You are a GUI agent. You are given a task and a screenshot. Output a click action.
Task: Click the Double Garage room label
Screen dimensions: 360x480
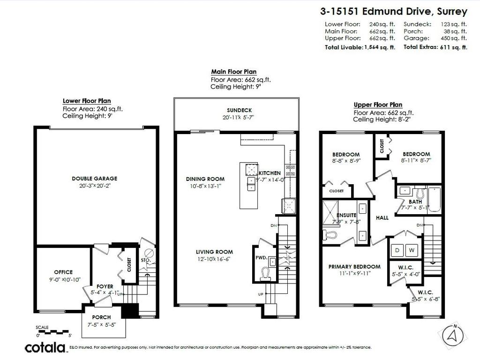point(94,178)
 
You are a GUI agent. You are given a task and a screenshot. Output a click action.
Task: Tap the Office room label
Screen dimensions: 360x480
point(63,272)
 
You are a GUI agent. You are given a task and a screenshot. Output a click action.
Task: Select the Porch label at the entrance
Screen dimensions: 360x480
point(101,317)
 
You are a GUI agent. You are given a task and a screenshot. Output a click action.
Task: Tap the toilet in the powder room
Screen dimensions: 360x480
point(266,273)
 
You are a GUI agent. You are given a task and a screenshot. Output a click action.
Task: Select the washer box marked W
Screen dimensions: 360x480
point(412,251)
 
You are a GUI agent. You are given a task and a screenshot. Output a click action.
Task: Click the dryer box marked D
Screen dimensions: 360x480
point(397,251)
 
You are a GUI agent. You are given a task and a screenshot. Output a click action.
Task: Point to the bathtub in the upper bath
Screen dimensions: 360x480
point(433,199)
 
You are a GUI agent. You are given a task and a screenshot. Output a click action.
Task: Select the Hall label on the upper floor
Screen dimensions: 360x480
point(382,218)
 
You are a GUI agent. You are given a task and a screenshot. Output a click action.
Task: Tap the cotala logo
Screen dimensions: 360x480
point(45,347)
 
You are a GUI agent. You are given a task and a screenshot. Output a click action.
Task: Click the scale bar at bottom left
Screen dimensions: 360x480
point(53,331)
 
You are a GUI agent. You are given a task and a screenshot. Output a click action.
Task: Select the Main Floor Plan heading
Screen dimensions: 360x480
point(233,72)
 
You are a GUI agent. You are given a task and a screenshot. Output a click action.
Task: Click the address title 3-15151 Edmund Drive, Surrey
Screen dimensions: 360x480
point(393,11)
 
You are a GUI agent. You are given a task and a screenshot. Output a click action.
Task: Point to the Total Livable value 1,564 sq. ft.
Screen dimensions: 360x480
point(379,47)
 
